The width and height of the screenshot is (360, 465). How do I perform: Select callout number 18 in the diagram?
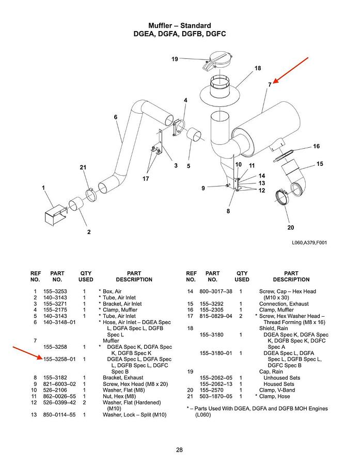point(257,68)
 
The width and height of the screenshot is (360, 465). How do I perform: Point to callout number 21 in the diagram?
point(83,167)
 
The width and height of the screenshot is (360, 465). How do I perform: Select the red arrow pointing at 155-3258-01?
point(32,353)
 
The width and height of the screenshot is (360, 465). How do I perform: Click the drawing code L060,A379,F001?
point(309,242)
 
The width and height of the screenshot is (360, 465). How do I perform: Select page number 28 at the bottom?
point(179,450)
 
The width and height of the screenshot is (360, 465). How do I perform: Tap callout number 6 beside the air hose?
point(115,117)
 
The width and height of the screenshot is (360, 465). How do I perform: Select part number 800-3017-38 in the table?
point(216,292)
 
